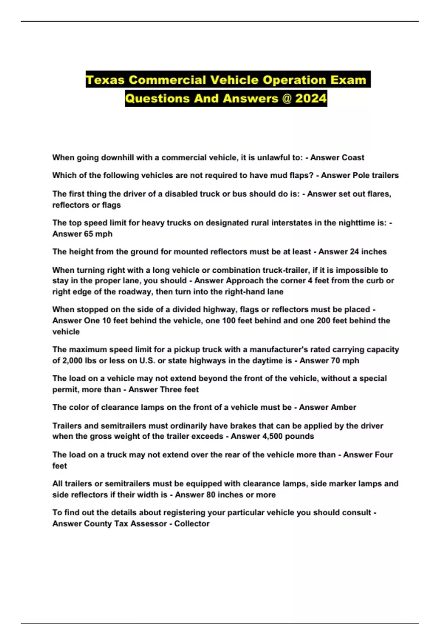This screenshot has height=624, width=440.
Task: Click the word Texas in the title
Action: click(x=105, y=80)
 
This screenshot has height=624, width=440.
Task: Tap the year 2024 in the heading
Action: click(x=311, y=98)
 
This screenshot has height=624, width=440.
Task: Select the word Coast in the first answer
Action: click(x=353, y=157)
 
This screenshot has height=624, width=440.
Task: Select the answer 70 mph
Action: click(x=345, y=360)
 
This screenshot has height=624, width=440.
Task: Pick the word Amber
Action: click(x=343, y=407)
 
